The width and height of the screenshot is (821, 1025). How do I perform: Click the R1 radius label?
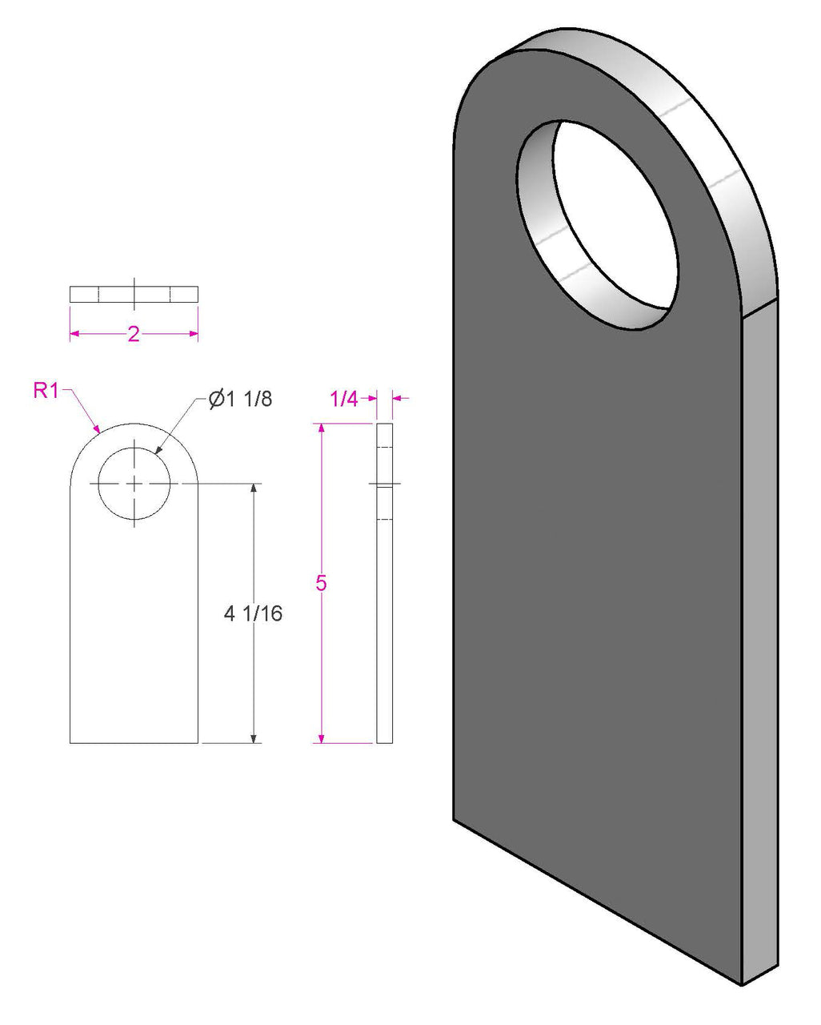pos(46,391)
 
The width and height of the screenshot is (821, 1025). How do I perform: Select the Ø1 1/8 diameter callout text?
pos(240,399)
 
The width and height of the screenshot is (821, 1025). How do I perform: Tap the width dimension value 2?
pos(134,334)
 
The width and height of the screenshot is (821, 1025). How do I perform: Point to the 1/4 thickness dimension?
pos(344,399)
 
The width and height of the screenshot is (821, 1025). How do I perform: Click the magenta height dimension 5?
pos(321,583)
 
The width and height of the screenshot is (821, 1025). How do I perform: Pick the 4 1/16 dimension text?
pos(254,613)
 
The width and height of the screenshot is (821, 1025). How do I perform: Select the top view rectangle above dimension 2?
pos(134,294)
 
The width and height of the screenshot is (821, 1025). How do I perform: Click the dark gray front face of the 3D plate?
pos(592,601)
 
